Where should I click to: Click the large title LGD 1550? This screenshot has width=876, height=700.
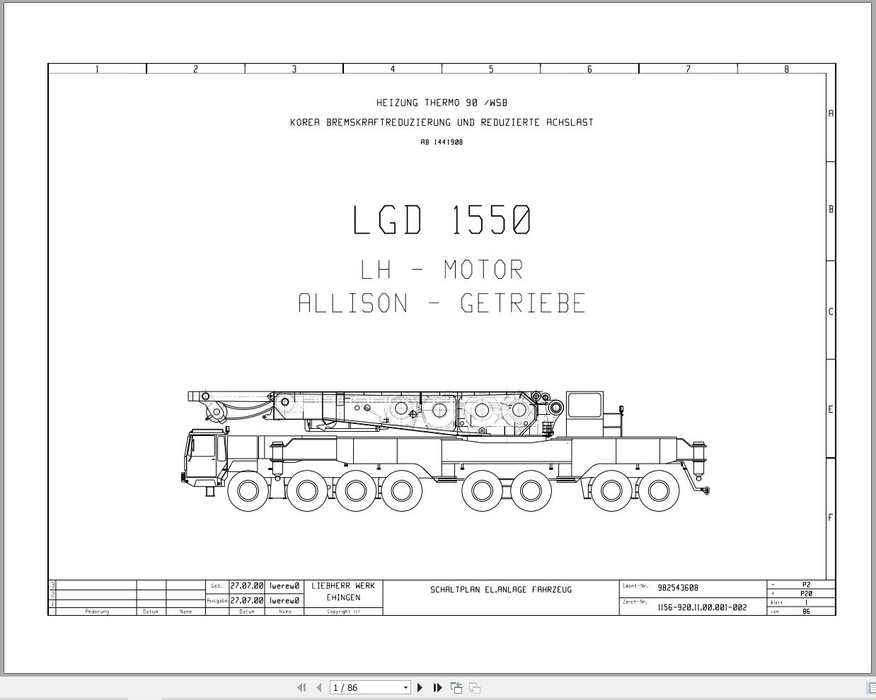(x=442, y=220)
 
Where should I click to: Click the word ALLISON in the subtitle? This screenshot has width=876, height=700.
(x=353, y=304)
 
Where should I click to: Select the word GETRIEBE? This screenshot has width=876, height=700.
(x=523, y=304)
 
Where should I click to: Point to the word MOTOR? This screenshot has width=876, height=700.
(x=483, y=270)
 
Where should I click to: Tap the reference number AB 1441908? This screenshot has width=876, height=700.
(x=442, y=142)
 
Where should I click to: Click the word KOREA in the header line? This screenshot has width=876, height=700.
(x=305, y=122)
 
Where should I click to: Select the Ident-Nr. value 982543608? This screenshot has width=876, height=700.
(x=678, y=587)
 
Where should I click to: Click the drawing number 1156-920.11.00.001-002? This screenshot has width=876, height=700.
(x=702, y=607)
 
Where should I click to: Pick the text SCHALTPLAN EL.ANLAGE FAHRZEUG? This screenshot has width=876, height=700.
(x=501, y=590)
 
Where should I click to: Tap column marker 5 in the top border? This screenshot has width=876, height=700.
(x=491, y=69)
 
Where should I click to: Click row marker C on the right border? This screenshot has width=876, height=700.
(x=831, y=311)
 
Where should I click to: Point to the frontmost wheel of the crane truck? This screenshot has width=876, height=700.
(x=248, y=490)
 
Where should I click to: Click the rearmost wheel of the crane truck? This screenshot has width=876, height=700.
(x=659, y=490)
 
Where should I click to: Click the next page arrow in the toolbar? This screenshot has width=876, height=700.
(x=420, y=687)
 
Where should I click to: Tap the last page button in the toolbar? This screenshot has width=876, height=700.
(x=437, y=687)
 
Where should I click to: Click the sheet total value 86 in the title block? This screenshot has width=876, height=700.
(x=806, y=612)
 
